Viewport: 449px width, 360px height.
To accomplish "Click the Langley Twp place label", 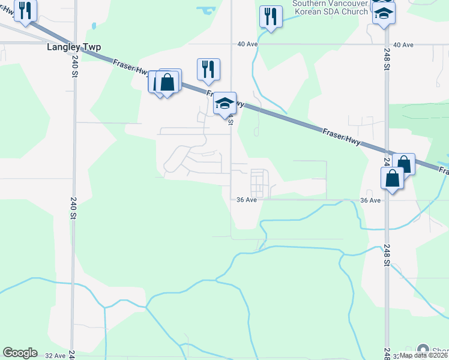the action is [x=74, y=46].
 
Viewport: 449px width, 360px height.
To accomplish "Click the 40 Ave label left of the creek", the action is [x=247, y=44].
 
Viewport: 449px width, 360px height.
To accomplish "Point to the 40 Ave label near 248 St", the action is [x=403, y=45].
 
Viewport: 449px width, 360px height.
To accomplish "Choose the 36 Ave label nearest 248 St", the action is [x=371, y=200].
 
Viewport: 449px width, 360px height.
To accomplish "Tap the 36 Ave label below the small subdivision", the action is [x=247, y=200].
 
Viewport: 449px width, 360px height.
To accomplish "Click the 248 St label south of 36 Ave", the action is [x=387, y=265].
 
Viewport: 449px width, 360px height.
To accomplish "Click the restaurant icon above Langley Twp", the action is [x=25, y=10].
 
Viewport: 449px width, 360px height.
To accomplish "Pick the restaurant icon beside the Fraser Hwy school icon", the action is [x=208, y=68].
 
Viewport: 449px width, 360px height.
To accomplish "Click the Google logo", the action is [x=20, y=353].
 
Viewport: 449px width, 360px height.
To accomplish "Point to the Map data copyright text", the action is [x=424, y=355].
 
